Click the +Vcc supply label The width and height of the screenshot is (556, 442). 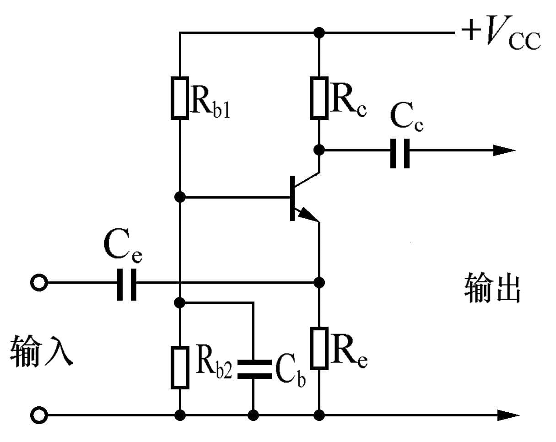[x=501, y=35]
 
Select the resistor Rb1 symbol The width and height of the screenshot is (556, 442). [x=180, y=98]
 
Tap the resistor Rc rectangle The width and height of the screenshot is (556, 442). [x=319, y=98]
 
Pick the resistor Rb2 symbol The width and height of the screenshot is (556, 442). [x=180, y=367]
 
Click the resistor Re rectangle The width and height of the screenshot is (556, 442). [x=319, y=348]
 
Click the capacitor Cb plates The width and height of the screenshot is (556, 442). [x=253, y=369]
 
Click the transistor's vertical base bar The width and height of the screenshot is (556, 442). [x=292, y=198]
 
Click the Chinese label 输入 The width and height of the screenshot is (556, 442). [x=41, y=351]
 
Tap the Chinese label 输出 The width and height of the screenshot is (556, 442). [x=492, y=288]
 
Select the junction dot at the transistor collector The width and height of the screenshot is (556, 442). [x=319, y=150]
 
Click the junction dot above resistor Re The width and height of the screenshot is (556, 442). [x=319, y=281]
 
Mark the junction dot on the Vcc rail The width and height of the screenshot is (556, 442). [x=319, y=32]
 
